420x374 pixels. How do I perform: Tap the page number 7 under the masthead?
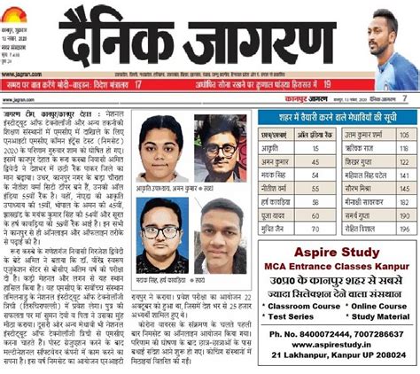click(x=404, y=98)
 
